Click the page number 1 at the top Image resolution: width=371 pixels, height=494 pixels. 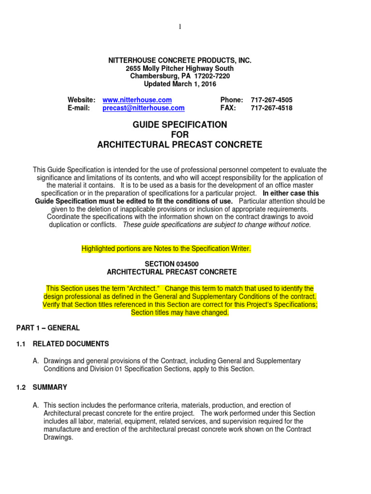(180, 27)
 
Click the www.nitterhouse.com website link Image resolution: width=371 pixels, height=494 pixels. (137, 100)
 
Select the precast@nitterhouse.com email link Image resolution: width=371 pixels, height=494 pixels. (143, 108)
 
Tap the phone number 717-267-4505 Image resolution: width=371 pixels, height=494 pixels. (271, 100)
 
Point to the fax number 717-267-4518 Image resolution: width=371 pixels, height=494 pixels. (271, 108)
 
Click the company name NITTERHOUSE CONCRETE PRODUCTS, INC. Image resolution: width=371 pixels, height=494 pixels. (180, 60)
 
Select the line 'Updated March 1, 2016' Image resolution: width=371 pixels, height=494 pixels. (180, 83)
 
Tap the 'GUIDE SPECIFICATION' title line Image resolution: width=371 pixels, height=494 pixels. (180, 125)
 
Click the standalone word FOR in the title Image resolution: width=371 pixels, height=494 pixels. (180, 135)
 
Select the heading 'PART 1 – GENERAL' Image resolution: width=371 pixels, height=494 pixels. (47, 328)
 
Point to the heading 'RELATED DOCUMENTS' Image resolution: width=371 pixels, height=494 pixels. (71, 344)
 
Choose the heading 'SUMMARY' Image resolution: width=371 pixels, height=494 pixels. (50, 387)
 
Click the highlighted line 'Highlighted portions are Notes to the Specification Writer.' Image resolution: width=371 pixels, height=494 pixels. (166, 248)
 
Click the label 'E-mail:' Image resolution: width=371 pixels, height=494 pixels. (79, 108)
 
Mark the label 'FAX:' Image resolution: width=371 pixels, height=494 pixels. (228, 108)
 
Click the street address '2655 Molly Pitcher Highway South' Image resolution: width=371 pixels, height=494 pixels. (180, 68)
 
